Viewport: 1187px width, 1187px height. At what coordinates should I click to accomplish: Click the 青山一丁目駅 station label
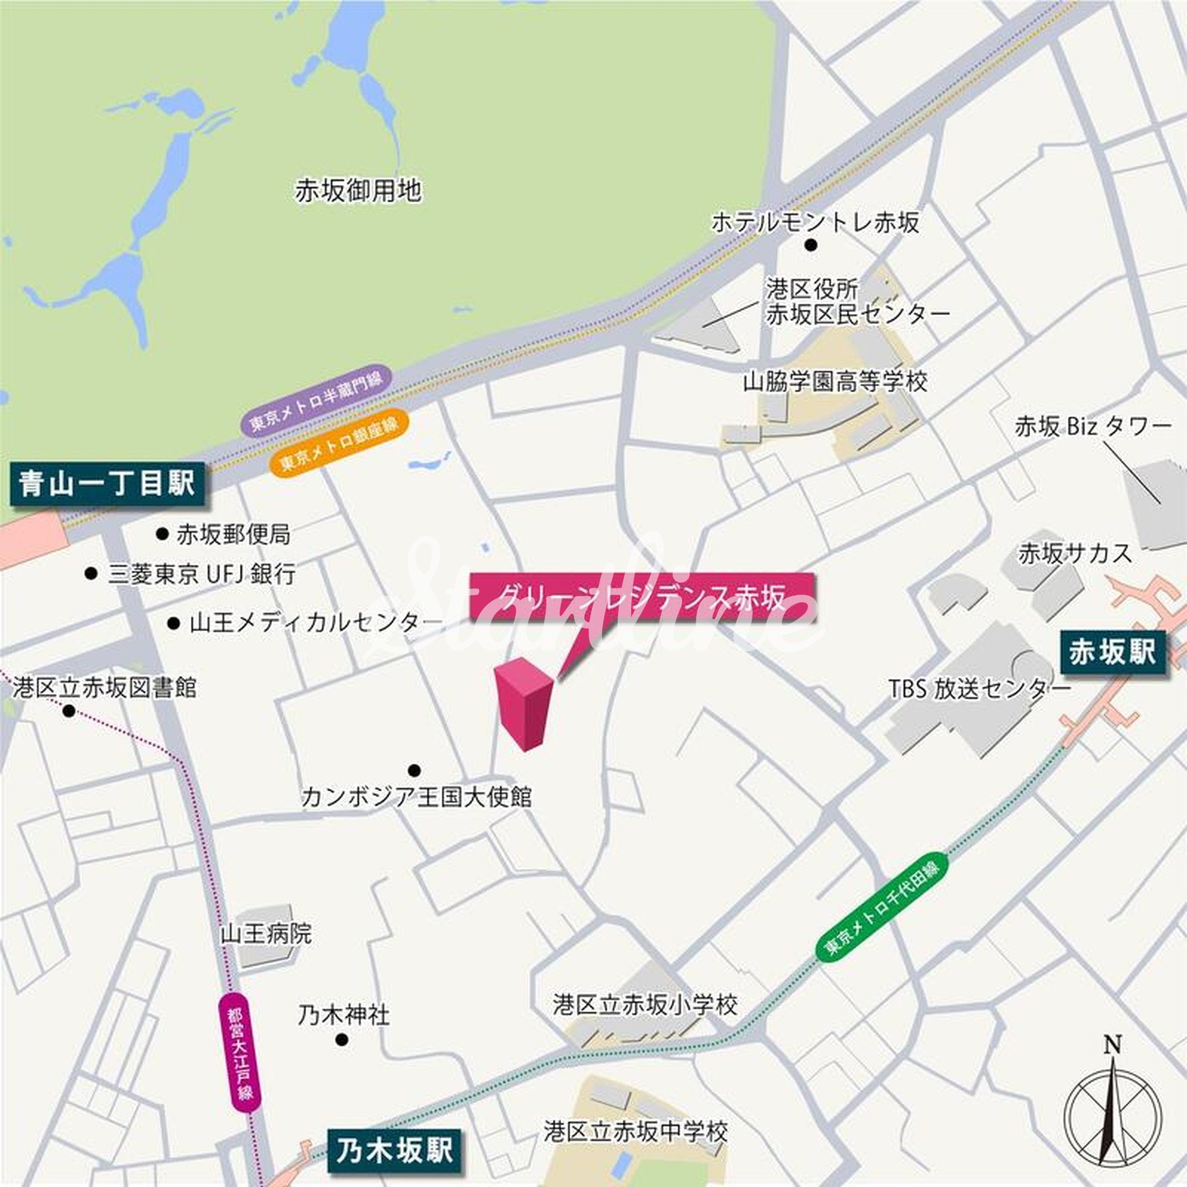pyautogui.click(x=106, y=483)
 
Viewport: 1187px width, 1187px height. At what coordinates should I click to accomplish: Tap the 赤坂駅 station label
pyautogui.click(x=1112, y=652)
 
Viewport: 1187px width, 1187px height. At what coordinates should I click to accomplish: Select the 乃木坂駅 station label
pyautogui.click(x=394, y=1151)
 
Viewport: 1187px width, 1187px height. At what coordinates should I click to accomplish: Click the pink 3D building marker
pyautogui.click(x=524, y=705)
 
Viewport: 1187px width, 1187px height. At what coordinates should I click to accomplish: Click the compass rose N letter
pyautogui.click(x=1112, y=1045)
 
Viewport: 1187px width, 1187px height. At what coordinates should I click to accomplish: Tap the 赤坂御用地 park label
pyautogui.click(x=358, y=190)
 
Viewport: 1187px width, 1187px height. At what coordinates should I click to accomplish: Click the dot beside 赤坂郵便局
pyautogui.click(x=162, y=533)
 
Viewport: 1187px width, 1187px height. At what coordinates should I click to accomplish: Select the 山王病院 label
pyautogui.click(x=266, y=933)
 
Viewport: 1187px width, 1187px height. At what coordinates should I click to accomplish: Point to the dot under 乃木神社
pyautogui.click(x=342, y=1040)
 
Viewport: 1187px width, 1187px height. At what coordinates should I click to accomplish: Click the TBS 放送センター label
pyautogui.click(x=979, y=689)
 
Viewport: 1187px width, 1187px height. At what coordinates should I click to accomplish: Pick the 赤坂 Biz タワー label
pyautogui.click(x=1092, y=427)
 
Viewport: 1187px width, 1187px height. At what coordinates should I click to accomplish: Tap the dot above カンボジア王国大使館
pyautogui.click(x=414, y=770)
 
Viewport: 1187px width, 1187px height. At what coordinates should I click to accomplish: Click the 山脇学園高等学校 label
pyautogui.click(x=835, y=381)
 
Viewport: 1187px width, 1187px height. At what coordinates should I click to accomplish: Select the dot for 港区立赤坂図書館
pyautogui.click(x=69, y=712)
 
